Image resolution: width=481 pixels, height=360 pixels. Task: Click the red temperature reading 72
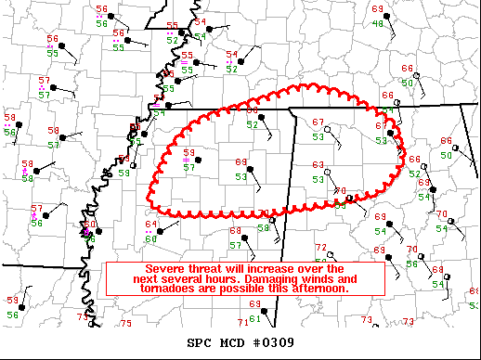click(x=320, y=248)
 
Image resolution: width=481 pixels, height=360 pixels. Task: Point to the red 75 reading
click(x=125, y=323)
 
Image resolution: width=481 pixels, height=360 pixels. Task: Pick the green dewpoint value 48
click(x=378, y=22)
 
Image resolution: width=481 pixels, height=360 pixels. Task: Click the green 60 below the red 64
click(x=151, y=238)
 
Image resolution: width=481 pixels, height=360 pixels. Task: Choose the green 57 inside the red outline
click(x=188, y=167)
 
